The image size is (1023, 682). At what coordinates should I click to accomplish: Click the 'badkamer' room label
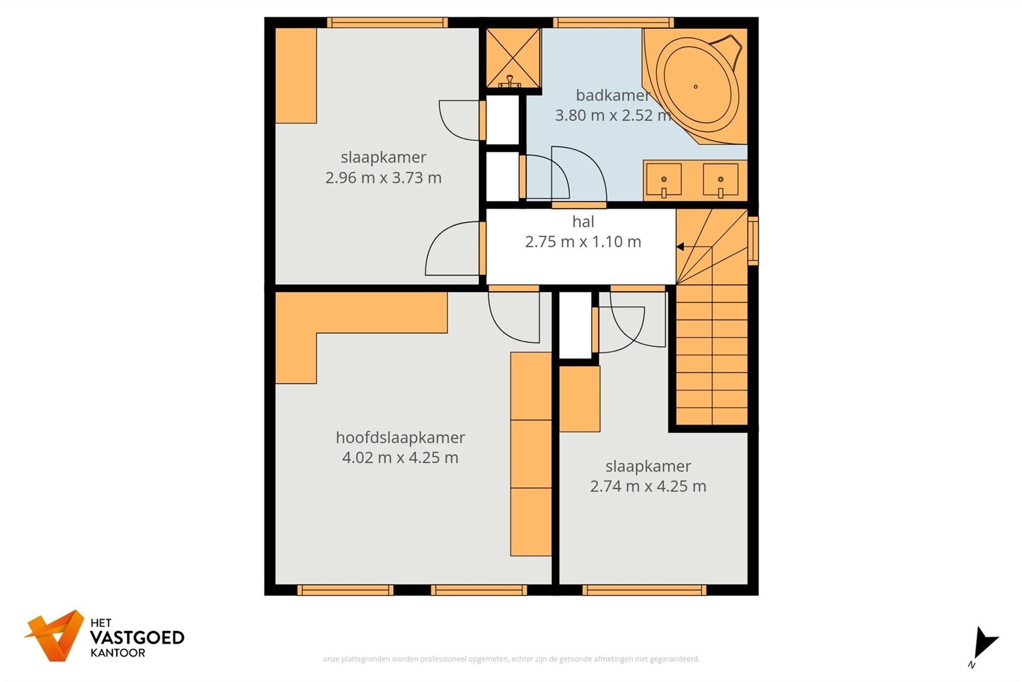point(613,95)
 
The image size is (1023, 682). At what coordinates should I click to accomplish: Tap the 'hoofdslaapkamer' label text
point(400,437)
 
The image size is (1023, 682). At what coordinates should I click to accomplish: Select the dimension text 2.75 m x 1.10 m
point(583,241)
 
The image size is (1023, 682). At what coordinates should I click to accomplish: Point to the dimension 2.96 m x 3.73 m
point(384,178)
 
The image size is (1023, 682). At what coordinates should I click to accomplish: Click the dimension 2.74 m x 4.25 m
point(648,486)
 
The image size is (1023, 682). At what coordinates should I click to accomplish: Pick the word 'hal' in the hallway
point(583,222)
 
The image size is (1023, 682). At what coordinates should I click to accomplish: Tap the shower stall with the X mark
point(513,58)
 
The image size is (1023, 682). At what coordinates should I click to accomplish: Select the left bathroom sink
point(663,180)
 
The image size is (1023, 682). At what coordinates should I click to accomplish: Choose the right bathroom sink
point(720,180)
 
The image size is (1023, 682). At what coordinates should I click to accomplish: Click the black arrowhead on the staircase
point(680,247)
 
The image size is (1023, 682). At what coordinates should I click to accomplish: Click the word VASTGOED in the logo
point(137,637)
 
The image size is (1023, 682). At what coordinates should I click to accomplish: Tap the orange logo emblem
point(54,635)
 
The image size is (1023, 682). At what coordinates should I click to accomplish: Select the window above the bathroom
point(613,23)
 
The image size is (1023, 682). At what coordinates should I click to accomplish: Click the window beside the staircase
point(753,240)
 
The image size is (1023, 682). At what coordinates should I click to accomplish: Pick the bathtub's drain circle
point(696,86)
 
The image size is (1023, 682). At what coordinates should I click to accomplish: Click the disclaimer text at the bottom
point(511,659)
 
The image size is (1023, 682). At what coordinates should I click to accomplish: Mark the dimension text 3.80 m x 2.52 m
point(613,116)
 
